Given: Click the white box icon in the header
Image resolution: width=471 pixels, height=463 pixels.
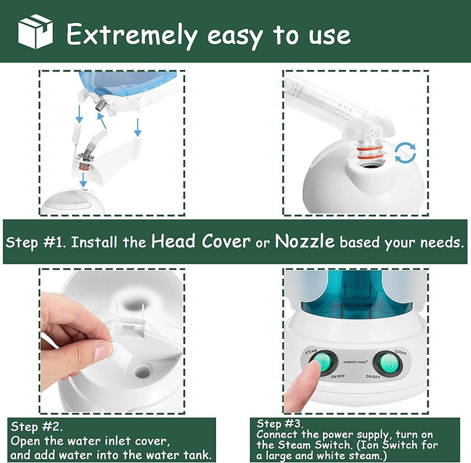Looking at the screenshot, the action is coord(35,31).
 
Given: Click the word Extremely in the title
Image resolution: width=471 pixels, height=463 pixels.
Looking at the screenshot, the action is coord(132,35).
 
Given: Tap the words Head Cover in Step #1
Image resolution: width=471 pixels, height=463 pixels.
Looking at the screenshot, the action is coord(201,241).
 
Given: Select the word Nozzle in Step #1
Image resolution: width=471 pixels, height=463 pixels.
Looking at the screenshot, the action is coord(304,241).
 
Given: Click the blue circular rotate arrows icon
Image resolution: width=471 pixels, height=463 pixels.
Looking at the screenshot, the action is coord(405,153).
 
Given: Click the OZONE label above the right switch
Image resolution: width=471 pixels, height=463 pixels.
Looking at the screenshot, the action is coord(400,352).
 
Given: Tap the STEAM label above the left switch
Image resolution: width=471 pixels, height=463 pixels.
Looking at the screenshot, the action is coord(311,351).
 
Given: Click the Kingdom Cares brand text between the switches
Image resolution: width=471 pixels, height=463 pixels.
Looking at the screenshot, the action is coord(356,362).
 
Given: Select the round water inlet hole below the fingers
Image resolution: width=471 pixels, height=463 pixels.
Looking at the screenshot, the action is coord(142,372).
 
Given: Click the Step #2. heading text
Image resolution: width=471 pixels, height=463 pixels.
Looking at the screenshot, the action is coord(37,427).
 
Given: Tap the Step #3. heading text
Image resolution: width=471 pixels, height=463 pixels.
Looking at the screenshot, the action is coord(280,424).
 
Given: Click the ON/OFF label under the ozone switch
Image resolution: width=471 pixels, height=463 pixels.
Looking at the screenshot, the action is coord(373,377).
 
